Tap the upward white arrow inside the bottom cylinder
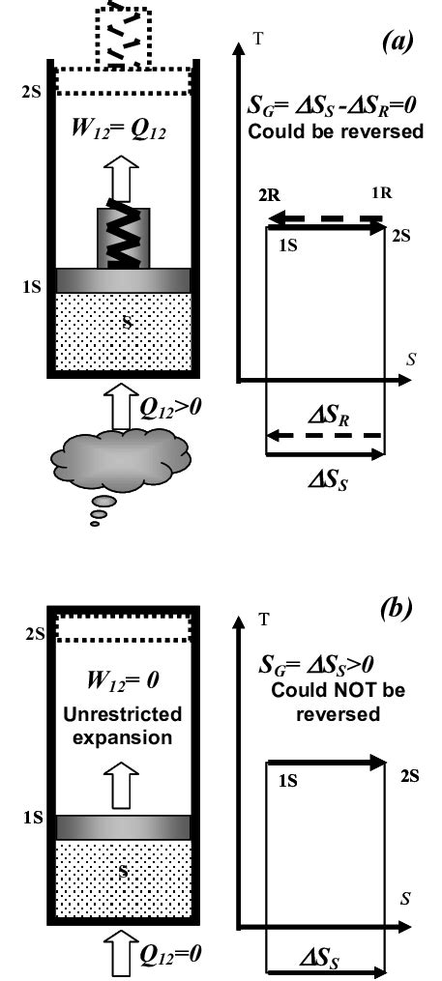pyautogui.click(x=124, y=776)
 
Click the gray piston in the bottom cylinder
pyautogui.click(x=124, y=827)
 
